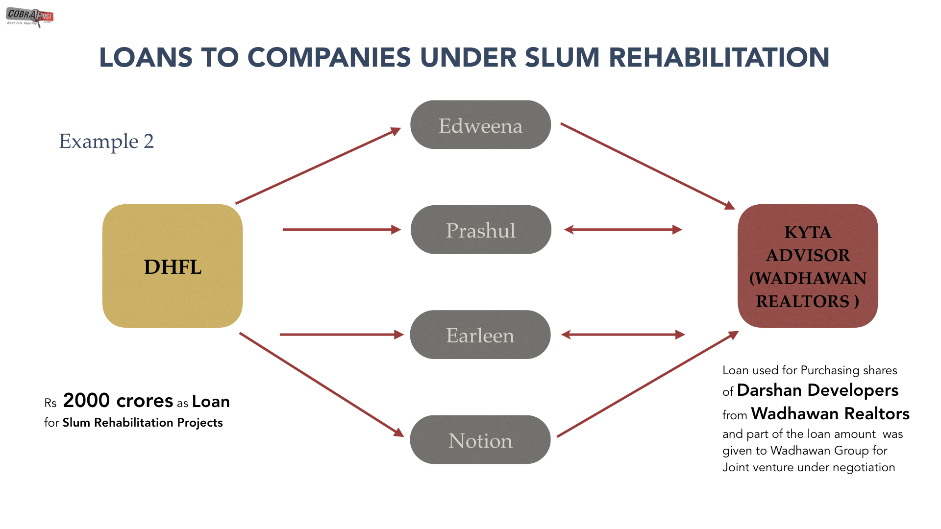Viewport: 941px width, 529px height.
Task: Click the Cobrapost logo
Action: [29, 17]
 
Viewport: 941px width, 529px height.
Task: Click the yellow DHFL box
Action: [173, 266]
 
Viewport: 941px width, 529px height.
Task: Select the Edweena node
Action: [480, 125]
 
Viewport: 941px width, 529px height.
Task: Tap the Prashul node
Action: [480, 230]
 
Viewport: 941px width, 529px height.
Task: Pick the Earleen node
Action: [480, 335]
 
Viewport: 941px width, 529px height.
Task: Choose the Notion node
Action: [480, 440]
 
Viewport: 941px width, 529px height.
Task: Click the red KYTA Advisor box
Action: [808, 266]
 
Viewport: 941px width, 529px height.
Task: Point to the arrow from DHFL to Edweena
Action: [318, 167]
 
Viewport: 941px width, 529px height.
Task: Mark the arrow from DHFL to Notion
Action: [321, 384]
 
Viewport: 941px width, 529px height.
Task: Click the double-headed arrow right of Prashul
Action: [623, 229]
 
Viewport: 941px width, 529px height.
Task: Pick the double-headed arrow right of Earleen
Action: [623, 335]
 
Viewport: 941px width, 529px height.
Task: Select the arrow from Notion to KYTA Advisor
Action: [647, 384]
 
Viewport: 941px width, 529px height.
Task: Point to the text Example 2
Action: [106, 141]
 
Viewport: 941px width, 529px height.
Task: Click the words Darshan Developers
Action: [817, 390]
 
